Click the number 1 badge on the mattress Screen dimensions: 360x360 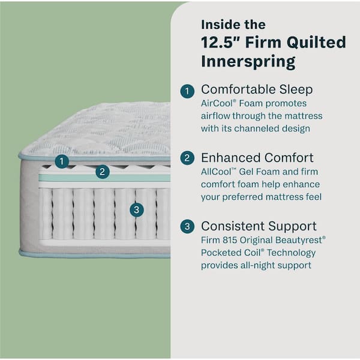click(x=61, y=161)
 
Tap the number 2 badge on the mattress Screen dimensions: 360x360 click(x=103, y=172)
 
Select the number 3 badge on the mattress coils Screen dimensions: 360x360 click(x=137, y=209)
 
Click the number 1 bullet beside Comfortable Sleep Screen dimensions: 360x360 click(x=188, y=91)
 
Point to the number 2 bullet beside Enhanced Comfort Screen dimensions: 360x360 click(x=188, y=159)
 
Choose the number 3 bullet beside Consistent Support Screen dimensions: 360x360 click(x=188, y=227)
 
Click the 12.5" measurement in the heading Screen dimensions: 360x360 click(x=220, y=43)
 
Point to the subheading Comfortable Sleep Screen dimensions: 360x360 click(x=257, y=90)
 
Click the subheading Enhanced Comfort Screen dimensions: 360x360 click(x=257, y=158)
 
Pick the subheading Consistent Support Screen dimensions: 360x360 click(x=259, y=226)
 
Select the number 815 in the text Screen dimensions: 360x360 click(x=232, y=239)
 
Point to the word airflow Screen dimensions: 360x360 click(x=214, y=116)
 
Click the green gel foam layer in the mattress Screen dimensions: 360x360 click(x=72, y=178)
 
